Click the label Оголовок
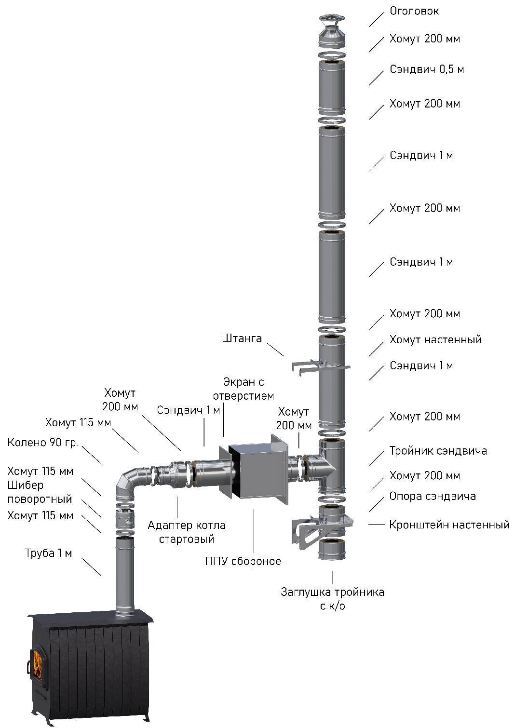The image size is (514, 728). coord(414,11)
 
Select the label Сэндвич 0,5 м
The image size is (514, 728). coord(427,70)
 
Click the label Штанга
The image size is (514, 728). coord(243,338)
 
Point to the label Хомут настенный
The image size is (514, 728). coord(435,340)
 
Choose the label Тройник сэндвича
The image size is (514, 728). coord(438,451)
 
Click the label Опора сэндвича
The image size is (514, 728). coord(433,496)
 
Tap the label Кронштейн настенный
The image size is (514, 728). coord(449,525)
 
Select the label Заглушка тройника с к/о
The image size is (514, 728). coord(332,598)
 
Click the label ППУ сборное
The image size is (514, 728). coord(243,561)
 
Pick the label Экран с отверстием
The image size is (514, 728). coord(243,389)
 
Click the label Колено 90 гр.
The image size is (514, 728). coord(42,443)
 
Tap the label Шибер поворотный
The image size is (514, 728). coord(40,492)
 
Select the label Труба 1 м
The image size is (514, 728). coord(49,553)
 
